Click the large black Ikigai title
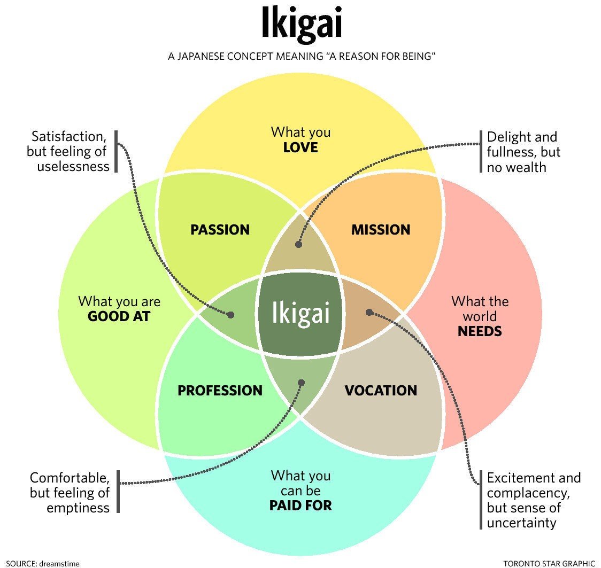[x=301, y=24]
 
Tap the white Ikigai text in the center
[x=299, y=313]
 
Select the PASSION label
[x=220, y=230]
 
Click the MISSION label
[x=380, y=230]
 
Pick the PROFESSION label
[x=220, y=391]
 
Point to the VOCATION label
[x=380, y=391]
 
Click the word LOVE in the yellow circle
[x=300, y=147]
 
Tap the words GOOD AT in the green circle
[x=119, y=316]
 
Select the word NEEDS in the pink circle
[x=480, y=331]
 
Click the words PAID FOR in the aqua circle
[x=300, y=505]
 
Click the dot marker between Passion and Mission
[x=298, y=244]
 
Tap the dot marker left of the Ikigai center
[x=231, y=315]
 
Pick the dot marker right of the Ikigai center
[x=368, y=312]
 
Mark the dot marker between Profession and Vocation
[x=301, y=383]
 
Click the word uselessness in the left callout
[x=73, y=166]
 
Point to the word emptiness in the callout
[x=78, y=507]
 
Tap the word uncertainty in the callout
[x=521, y=522]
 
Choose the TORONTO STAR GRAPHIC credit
[x=549, y=563]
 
